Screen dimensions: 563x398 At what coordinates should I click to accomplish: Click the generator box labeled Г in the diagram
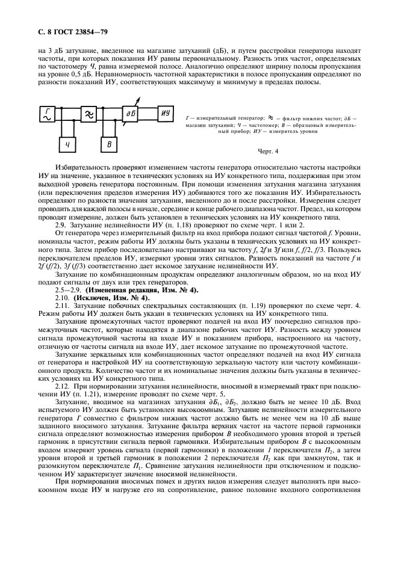(47, 112)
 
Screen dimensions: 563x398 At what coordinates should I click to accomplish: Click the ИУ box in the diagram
(166, 112)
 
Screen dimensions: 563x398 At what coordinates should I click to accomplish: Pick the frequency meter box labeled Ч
(68, 144)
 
